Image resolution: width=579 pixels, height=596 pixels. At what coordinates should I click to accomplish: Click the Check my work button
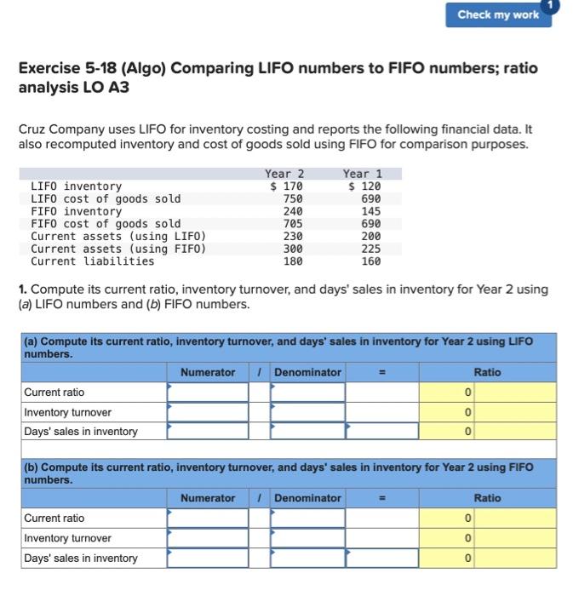click(x=497, y=14)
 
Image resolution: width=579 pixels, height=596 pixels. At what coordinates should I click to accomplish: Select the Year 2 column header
click(x=284, y=174)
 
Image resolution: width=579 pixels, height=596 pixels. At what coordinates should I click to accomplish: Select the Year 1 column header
click(x=362, y=174)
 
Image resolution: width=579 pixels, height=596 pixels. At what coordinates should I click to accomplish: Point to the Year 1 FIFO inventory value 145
click(x=370, y=211)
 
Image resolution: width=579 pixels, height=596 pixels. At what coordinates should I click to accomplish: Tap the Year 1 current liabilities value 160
click(x=370, y=261)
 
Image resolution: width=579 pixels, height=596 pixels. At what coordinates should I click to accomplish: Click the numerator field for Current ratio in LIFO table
click(x=208, y=393)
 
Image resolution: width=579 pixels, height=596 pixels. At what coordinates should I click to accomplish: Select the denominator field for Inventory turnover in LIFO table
click(x=308, y=412)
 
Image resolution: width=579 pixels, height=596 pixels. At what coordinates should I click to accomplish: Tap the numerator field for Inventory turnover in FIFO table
click(x=208, y=538)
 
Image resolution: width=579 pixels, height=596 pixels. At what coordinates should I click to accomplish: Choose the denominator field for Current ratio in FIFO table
click(x=308, y=519)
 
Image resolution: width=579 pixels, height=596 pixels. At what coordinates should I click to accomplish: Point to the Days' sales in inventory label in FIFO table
click(x=81, y=559)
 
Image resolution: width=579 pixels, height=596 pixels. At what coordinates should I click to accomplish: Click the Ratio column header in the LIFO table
click(x=488, y=372)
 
